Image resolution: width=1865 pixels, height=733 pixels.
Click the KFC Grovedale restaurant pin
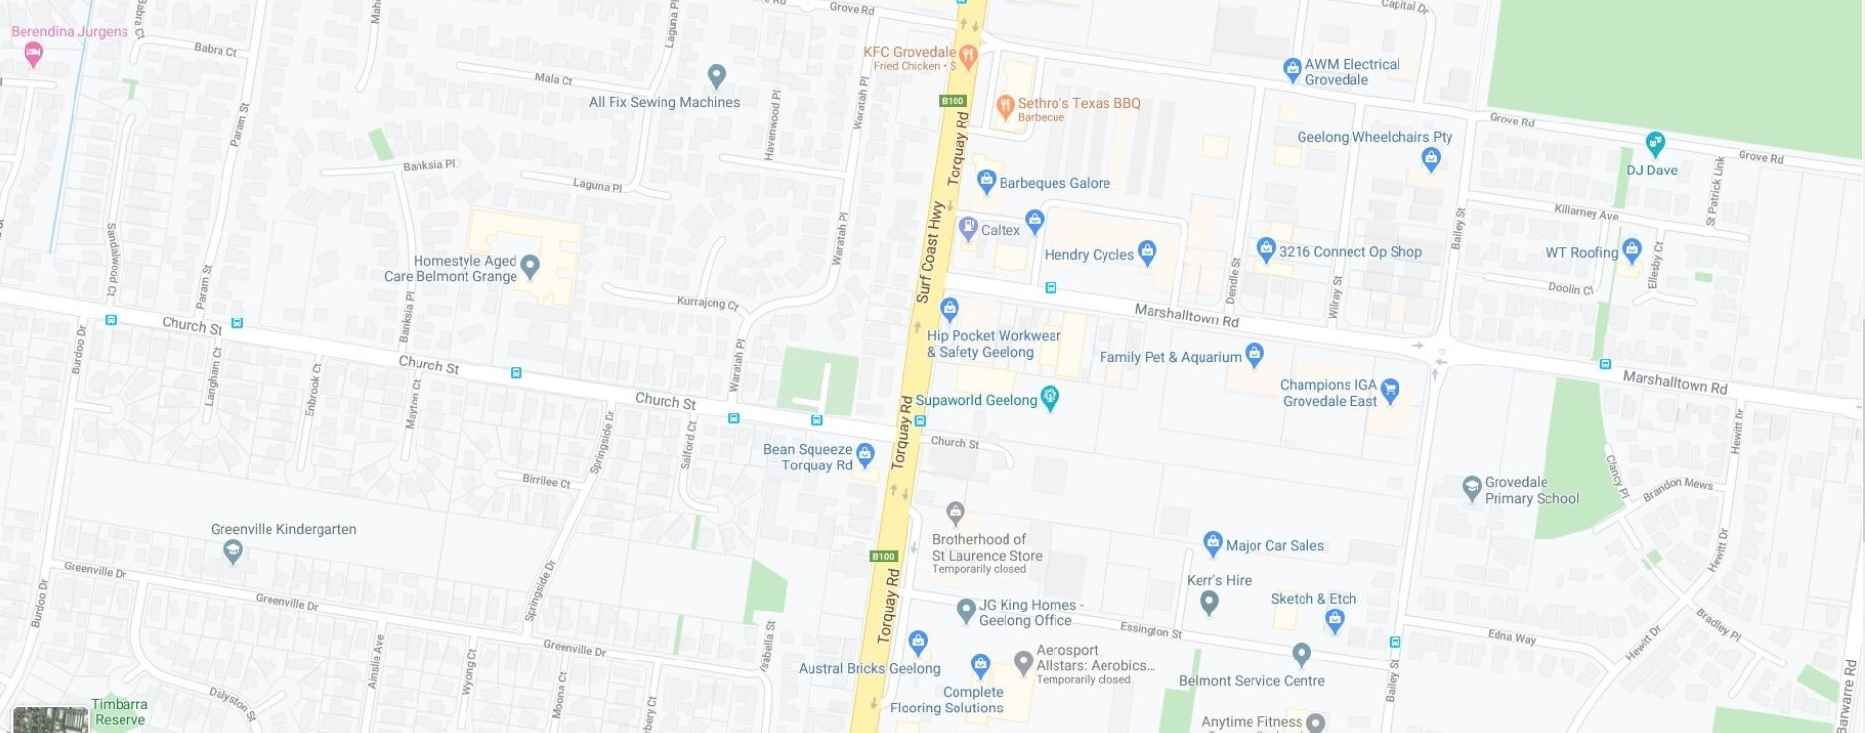point(968,55)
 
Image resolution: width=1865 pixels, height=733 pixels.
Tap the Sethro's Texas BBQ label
point(1078,103)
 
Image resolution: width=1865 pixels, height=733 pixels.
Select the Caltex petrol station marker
point(968,228)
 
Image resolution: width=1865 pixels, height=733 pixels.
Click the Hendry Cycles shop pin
point(1147,252)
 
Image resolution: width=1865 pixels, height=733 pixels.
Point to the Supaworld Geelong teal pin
point(1050,397)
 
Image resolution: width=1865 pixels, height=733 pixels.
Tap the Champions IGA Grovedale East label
point(1328,393)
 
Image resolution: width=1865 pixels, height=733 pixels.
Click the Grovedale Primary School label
point(1531,490)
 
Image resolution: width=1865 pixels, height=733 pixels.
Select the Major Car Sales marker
point(1212,542)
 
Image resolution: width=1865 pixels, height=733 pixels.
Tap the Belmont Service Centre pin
point(1301,653)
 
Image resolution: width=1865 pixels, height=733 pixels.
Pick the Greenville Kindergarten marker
point(233,552)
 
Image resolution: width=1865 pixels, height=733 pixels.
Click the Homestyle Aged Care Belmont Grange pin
point(530,265)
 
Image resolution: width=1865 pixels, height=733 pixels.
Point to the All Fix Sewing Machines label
point(663,102)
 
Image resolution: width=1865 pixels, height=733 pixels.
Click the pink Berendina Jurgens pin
point(33,53)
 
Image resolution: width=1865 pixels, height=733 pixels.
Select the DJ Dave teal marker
point(1655,143)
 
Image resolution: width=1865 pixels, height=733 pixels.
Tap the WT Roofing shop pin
point(1631,249)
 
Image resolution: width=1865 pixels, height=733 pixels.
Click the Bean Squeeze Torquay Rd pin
point(864,454)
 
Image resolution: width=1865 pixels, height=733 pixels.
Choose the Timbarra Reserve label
point(120,712)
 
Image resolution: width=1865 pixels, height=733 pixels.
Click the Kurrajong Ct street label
point(708,303)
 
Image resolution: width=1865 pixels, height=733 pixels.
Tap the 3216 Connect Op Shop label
point(1350,252)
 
